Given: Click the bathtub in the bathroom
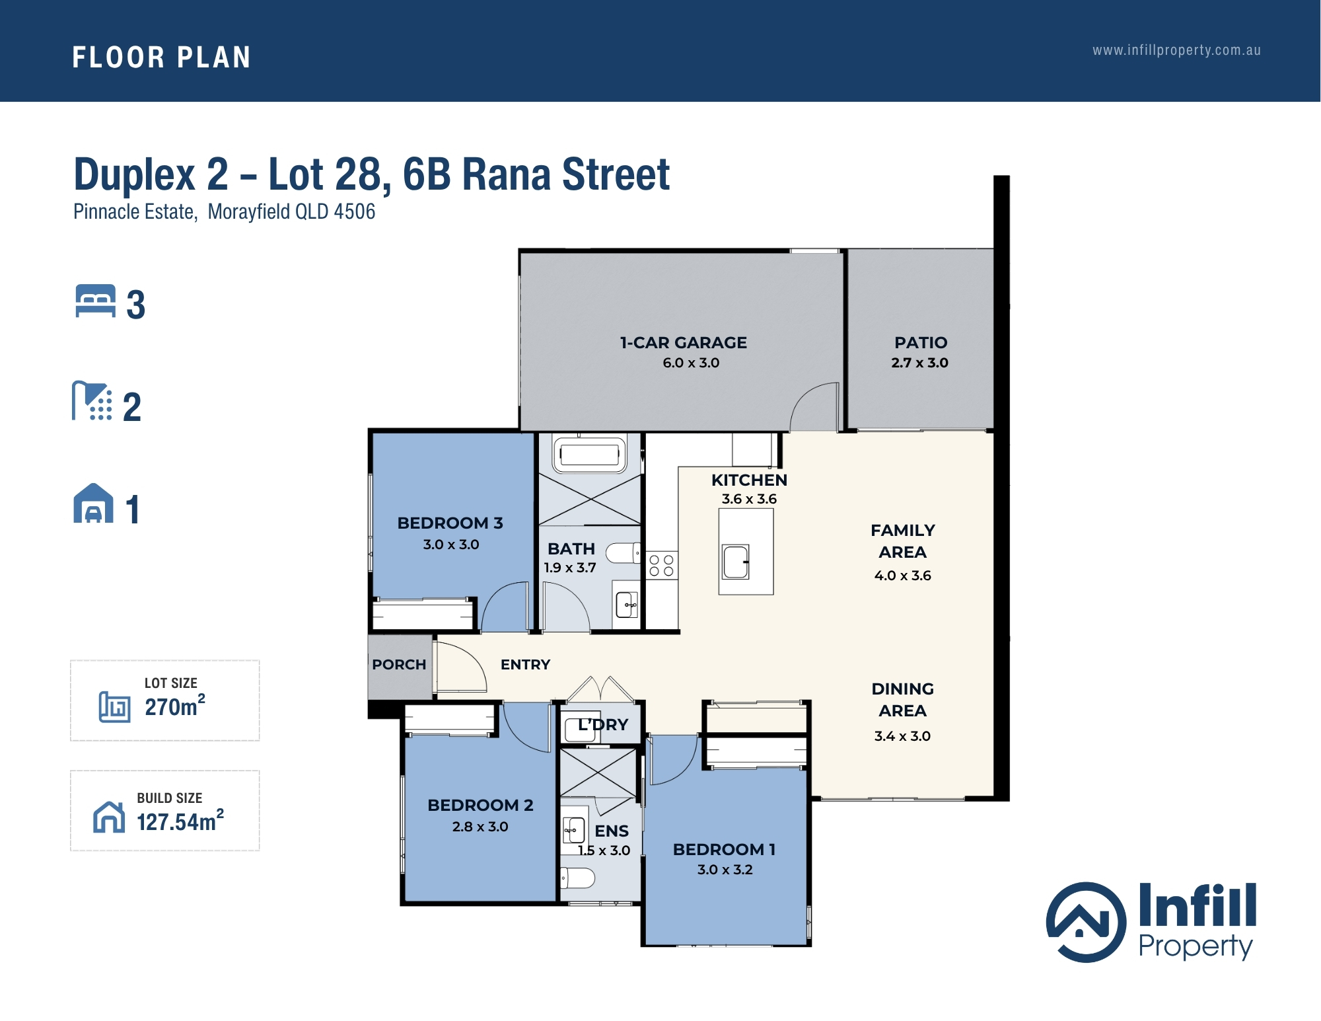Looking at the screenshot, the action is tap(589, 454).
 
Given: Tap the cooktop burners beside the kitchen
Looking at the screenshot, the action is tap(661, 566).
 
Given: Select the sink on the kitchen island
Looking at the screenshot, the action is tap(735, 562).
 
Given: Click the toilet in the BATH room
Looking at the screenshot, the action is tap(623, 553).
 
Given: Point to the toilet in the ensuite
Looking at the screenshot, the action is tap(577, 878).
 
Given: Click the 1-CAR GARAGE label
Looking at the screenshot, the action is tap(684, 343).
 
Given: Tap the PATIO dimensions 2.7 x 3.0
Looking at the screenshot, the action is tap(919, 363).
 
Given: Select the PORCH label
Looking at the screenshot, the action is tap(399, 665).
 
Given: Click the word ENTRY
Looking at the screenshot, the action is tap(525, 665).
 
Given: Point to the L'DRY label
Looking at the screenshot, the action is tap(603, 725).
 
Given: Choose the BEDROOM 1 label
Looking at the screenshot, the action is tap(724, 850).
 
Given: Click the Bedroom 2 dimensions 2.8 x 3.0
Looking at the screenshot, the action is tap(480, 827).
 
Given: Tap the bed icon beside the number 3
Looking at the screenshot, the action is tap(96, 301).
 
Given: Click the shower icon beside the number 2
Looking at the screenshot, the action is tap(92, 400).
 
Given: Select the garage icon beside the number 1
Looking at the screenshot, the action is tap(93, 504).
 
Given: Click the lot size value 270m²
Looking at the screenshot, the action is tap(175, 706).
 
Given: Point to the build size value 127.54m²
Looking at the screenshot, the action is tap(180, 821).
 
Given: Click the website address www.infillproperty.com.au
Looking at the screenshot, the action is tap(1176, 51).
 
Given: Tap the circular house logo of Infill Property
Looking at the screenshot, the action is tap(1086, 922).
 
